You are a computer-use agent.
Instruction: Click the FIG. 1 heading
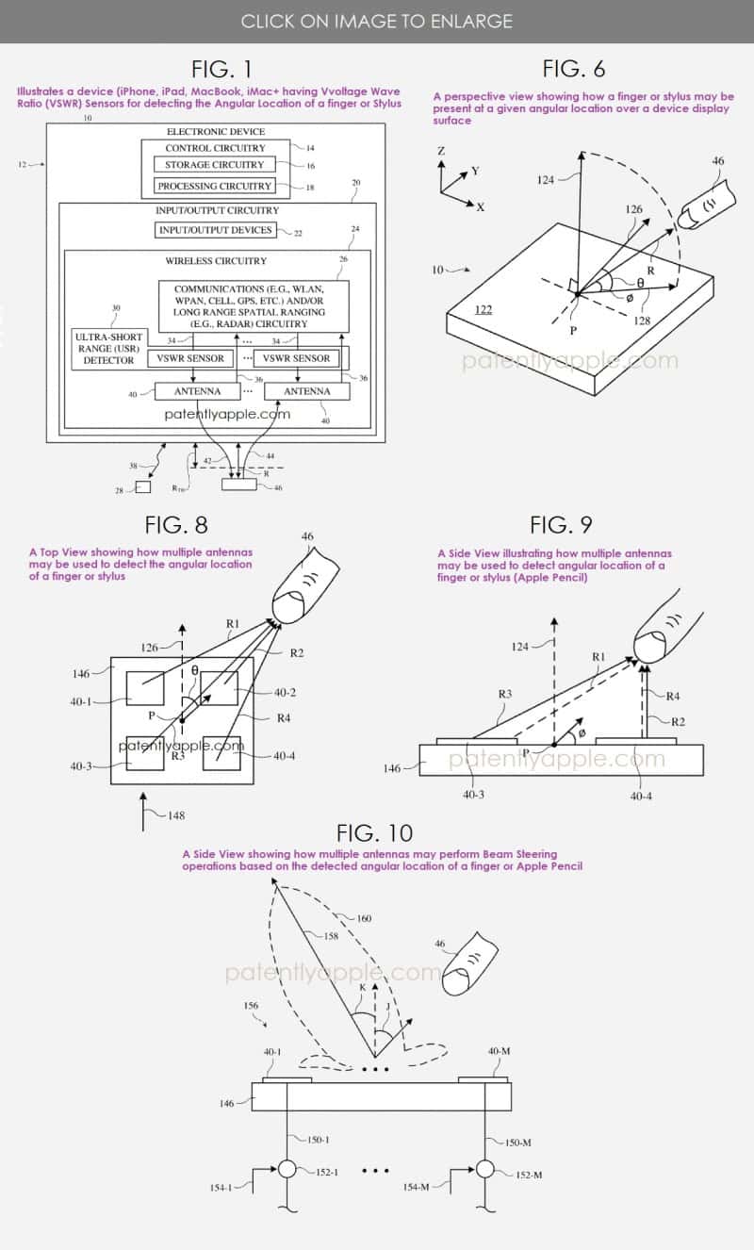pos(221,69)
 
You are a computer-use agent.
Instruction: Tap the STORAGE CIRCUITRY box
pos(215,165)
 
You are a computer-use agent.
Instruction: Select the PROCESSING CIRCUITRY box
pos(215,186)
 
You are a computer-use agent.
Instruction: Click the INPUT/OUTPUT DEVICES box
pos(216,230)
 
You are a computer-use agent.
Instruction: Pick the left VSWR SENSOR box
pos(190,358)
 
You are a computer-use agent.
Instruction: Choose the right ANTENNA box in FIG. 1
pos(307,391)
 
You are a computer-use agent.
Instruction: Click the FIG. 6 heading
pos(574,69)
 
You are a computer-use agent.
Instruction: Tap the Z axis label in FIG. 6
pos(441,151)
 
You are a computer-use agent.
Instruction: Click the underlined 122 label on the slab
pos(484,310)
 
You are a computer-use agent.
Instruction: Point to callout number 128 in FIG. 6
pos(642,321)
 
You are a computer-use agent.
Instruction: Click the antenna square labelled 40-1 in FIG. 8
pos(145,688)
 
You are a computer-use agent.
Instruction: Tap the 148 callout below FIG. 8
pos(176,815)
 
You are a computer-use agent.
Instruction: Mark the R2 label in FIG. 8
pos(296,653)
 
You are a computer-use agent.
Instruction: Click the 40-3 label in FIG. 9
pos(473,794)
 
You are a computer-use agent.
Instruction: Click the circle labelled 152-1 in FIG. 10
pos(287,1169)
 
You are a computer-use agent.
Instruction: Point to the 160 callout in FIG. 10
pos(364,918)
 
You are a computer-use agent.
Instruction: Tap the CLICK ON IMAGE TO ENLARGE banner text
pos(377,21)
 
